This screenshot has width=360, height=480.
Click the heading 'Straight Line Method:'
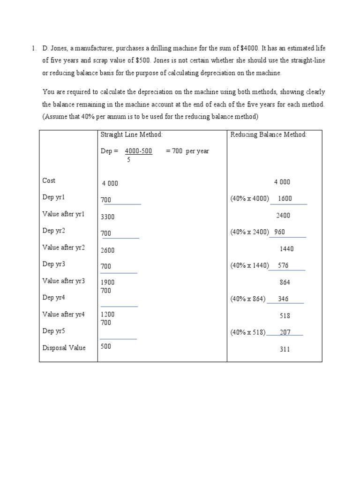tap(131, 135)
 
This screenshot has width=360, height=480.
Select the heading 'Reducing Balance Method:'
tap(268, 135)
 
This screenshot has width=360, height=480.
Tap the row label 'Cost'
tap(49, 180)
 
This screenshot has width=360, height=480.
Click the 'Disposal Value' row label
tap(64, 348)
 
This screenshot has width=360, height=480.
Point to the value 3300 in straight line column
tap(108, 217)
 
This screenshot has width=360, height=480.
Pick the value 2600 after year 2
tap(108, 250)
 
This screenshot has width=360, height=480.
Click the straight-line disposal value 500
tap(106, 347)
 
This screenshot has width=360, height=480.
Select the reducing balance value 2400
tap(283, 216)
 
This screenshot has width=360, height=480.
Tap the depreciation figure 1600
tap(285, 198)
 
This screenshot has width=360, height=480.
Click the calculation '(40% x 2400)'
tap(249, 232)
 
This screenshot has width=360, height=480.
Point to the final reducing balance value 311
tap(285, 349)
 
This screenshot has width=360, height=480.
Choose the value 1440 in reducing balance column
tap(286, 249)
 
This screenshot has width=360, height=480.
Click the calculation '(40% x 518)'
tap(247, 332)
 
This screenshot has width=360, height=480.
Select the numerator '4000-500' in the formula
tap(138, 151)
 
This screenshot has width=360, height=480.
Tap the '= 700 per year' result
tap(187, 151)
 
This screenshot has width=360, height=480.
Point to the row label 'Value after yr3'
tap(64, 281)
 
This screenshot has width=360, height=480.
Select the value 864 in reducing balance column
tap(285, 282)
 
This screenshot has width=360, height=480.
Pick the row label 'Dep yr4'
tap(53, 298)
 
